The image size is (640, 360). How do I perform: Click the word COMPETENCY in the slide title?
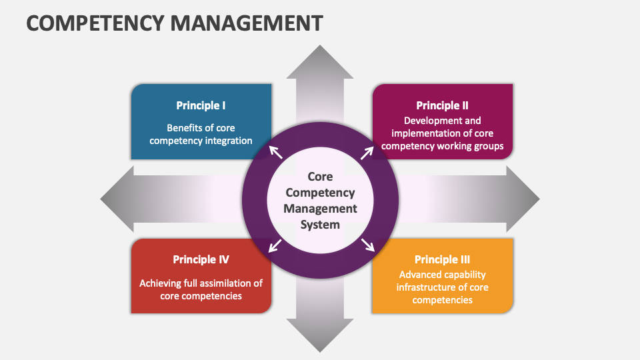[93, 23]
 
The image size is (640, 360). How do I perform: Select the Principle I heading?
[201, 105]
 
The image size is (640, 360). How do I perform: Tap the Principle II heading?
[442, 105]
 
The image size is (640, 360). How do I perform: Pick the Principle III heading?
[442, 259]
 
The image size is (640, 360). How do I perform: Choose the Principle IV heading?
[201, 259]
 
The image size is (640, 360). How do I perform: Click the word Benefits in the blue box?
[184, 127]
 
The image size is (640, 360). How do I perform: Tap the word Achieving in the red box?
[160, 283]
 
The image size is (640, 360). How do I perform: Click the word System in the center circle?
[320, 225]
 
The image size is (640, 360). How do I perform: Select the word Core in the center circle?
[320, 177]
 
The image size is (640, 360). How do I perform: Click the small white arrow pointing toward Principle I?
[275, 152]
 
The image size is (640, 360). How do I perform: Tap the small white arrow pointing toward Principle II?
[367, 153]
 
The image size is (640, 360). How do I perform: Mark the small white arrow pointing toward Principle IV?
[274, 245]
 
